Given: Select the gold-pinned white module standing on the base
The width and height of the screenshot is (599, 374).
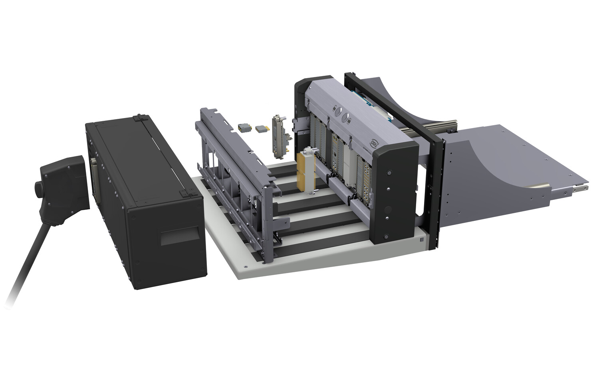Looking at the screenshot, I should point(306,169).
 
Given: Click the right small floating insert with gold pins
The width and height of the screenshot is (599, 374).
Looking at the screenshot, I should point(262,128).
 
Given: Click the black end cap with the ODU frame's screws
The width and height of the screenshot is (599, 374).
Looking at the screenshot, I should point(389,191).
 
